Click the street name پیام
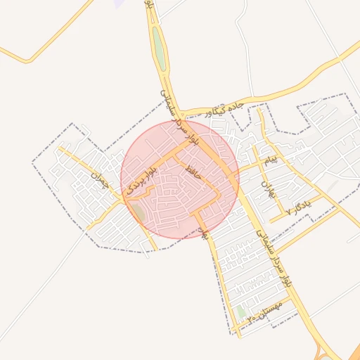(271, 161)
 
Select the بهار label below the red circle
(205, 233)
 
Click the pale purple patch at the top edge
(120, 3)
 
